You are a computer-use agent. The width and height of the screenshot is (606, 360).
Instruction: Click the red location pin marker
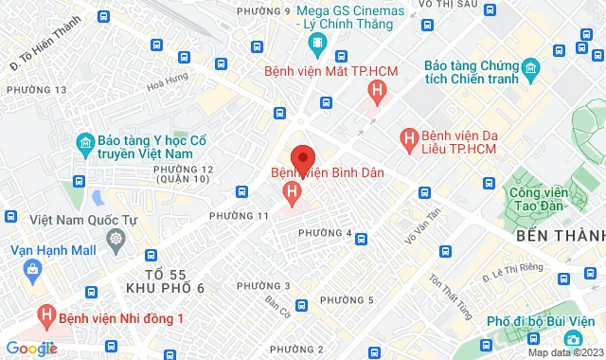coord(303,158)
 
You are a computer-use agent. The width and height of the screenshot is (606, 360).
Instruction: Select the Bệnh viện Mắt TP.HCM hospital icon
coord(378,91)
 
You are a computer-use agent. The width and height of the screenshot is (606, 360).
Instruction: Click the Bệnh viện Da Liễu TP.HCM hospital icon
coord(409,140)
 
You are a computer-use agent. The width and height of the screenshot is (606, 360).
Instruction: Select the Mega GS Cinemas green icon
coord(317,42)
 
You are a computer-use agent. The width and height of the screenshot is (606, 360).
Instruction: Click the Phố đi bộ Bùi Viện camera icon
coord(572,338)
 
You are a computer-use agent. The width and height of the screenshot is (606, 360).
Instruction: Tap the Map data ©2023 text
coord(565,352)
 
